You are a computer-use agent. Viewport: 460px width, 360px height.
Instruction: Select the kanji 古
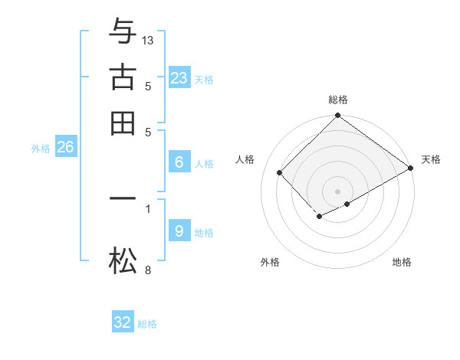[x=123, y=77]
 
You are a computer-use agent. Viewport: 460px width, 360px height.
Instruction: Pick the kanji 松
[x=123, y=262]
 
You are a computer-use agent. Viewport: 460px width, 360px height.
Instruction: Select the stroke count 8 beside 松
[x=148, y=270]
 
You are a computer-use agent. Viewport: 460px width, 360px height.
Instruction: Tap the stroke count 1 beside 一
[x=148, y=208]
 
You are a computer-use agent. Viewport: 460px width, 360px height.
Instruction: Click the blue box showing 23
[x=179, y=78]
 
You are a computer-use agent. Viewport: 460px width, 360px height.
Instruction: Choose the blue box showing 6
[x=179, y=162]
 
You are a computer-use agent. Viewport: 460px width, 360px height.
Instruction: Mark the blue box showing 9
[x=179, y=231]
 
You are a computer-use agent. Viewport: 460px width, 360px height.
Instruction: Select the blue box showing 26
[x=65, y=147]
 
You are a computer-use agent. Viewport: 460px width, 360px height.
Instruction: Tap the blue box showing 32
[x=123, y=322]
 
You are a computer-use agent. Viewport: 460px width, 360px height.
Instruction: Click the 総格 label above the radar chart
[x=338, y=100]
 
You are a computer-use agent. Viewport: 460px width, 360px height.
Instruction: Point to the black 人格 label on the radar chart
[x=245, y=159]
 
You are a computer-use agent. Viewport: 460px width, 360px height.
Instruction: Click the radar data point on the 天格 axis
[x=410, y=168]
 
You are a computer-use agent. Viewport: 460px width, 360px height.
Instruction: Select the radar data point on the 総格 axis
[x=338, y=116]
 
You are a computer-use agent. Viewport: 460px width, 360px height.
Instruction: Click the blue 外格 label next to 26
[x=40, y=149]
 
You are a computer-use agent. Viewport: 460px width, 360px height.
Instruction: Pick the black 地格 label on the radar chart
[x=402, y=262]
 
